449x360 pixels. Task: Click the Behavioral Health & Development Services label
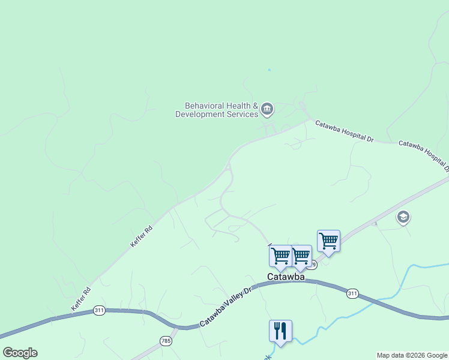point(216,110)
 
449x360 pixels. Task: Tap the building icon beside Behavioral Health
point(267,109)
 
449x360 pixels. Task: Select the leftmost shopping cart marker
point(280,256)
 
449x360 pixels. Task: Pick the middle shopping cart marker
point(300,256)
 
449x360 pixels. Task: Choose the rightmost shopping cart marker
point(328,241)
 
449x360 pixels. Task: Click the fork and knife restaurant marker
point(280,331)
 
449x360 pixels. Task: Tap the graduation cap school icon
point(403,217)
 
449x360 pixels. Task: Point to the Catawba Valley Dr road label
point(228,305)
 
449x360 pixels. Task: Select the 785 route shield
point(166,341)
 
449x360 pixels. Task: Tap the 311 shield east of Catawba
point(352,293)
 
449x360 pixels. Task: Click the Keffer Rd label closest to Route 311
point(81,299)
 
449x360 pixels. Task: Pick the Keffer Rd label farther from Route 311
point(139,236)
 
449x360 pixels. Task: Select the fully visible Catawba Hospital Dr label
point(345,130)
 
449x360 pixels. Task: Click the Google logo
point(20,353)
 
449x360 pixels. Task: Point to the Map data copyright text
point(411,355)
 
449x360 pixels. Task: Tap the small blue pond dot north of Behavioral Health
point(269,70)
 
